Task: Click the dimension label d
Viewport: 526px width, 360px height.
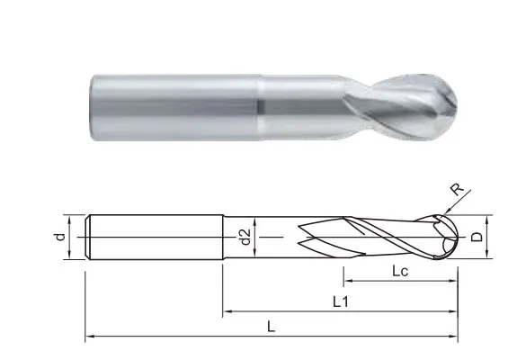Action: point(59,237)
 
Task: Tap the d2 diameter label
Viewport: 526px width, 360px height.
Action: point(245,237)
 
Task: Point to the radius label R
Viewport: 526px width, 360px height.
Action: point(457,189)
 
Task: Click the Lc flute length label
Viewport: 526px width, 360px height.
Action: point(400,271)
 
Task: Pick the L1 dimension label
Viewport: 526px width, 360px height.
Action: point(341,302)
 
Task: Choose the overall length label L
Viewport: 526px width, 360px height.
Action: point(271,327)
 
